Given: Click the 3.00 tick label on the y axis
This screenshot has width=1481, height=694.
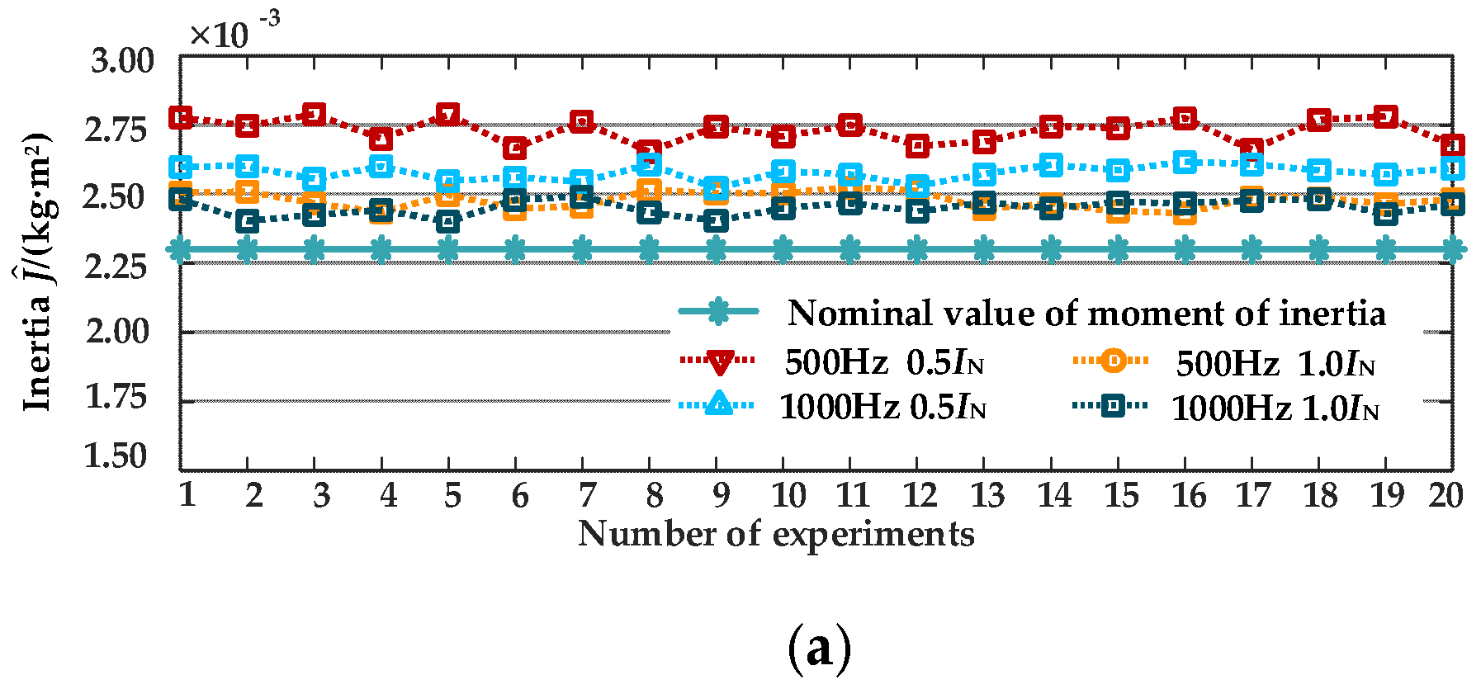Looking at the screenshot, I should coord(121,61).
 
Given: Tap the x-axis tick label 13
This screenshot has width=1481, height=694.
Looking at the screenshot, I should coord(987,495).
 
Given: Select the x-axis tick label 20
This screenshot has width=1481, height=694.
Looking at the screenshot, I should coord(1445,495).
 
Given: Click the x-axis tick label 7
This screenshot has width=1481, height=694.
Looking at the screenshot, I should coord(585,495).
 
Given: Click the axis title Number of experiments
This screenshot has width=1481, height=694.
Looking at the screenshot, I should coord(776,534).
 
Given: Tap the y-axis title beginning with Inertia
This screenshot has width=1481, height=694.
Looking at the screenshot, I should coord(37,272).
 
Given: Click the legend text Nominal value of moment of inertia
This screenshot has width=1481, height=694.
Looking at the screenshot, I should coord(1086,314).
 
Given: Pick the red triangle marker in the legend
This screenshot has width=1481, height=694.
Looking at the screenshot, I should coord(719,361).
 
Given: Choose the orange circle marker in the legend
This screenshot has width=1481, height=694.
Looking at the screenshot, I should coord(1112,361).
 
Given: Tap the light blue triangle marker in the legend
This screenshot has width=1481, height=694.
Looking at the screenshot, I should coord(719,404).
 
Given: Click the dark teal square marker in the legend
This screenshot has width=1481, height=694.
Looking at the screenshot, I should coord(1112,405).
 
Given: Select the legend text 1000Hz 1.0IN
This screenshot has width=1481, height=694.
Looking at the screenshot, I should coord(1275,408).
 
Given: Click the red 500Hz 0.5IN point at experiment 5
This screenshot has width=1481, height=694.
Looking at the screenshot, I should coord(448,115).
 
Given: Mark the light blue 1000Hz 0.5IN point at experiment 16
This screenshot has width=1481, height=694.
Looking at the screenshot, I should coord(1185,163).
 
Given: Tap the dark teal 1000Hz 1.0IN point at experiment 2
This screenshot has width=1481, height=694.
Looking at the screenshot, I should coord(248,221).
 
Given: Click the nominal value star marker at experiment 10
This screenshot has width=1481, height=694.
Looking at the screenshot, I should coord(783,248).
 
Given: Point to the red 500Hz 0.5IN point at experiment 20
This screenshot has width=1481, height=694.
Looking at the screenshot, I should coord(1452,146).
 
